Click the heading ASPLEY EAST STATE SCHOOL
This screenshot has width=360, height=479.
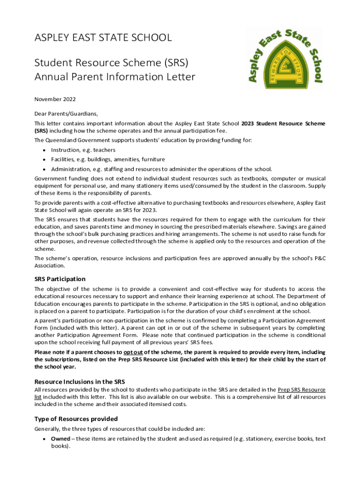103,37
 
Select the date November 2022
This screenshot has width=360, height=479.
55,99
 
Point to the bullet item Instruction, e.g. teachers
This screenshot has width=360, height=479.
83,150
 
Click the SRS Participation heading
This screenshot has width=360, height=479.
60,279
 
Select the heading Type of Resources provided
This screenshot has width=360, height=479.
76,419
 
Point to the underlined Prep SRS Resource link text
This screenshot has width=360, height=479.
302,390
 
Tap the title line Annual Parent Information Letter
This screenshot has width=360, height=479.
115,77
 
